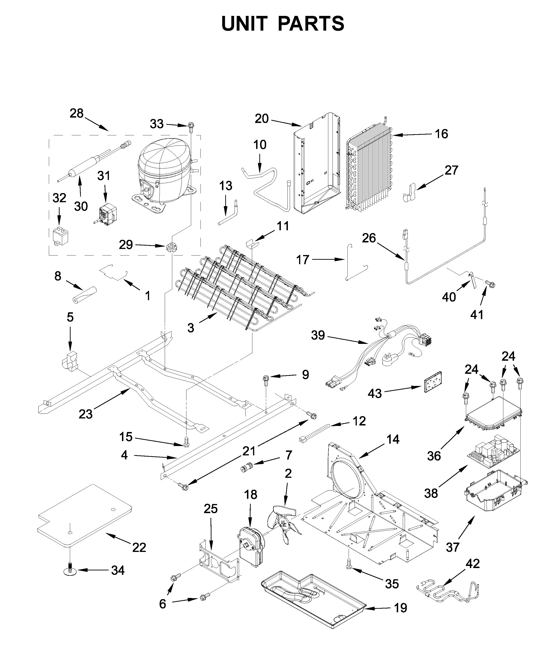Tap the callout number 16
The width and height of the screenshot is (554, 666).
(x=441, y=134)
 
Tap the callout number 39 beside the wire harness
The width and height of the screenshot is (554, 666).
(x=318, y=335)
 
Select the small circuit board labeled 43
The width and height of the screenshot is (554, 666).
(x=433, y=382)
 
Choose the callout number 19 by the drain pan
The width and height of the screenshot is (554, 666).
(x=400, y=608)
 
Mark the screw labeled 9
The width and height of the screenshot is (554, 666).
(x=266, y=380)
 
